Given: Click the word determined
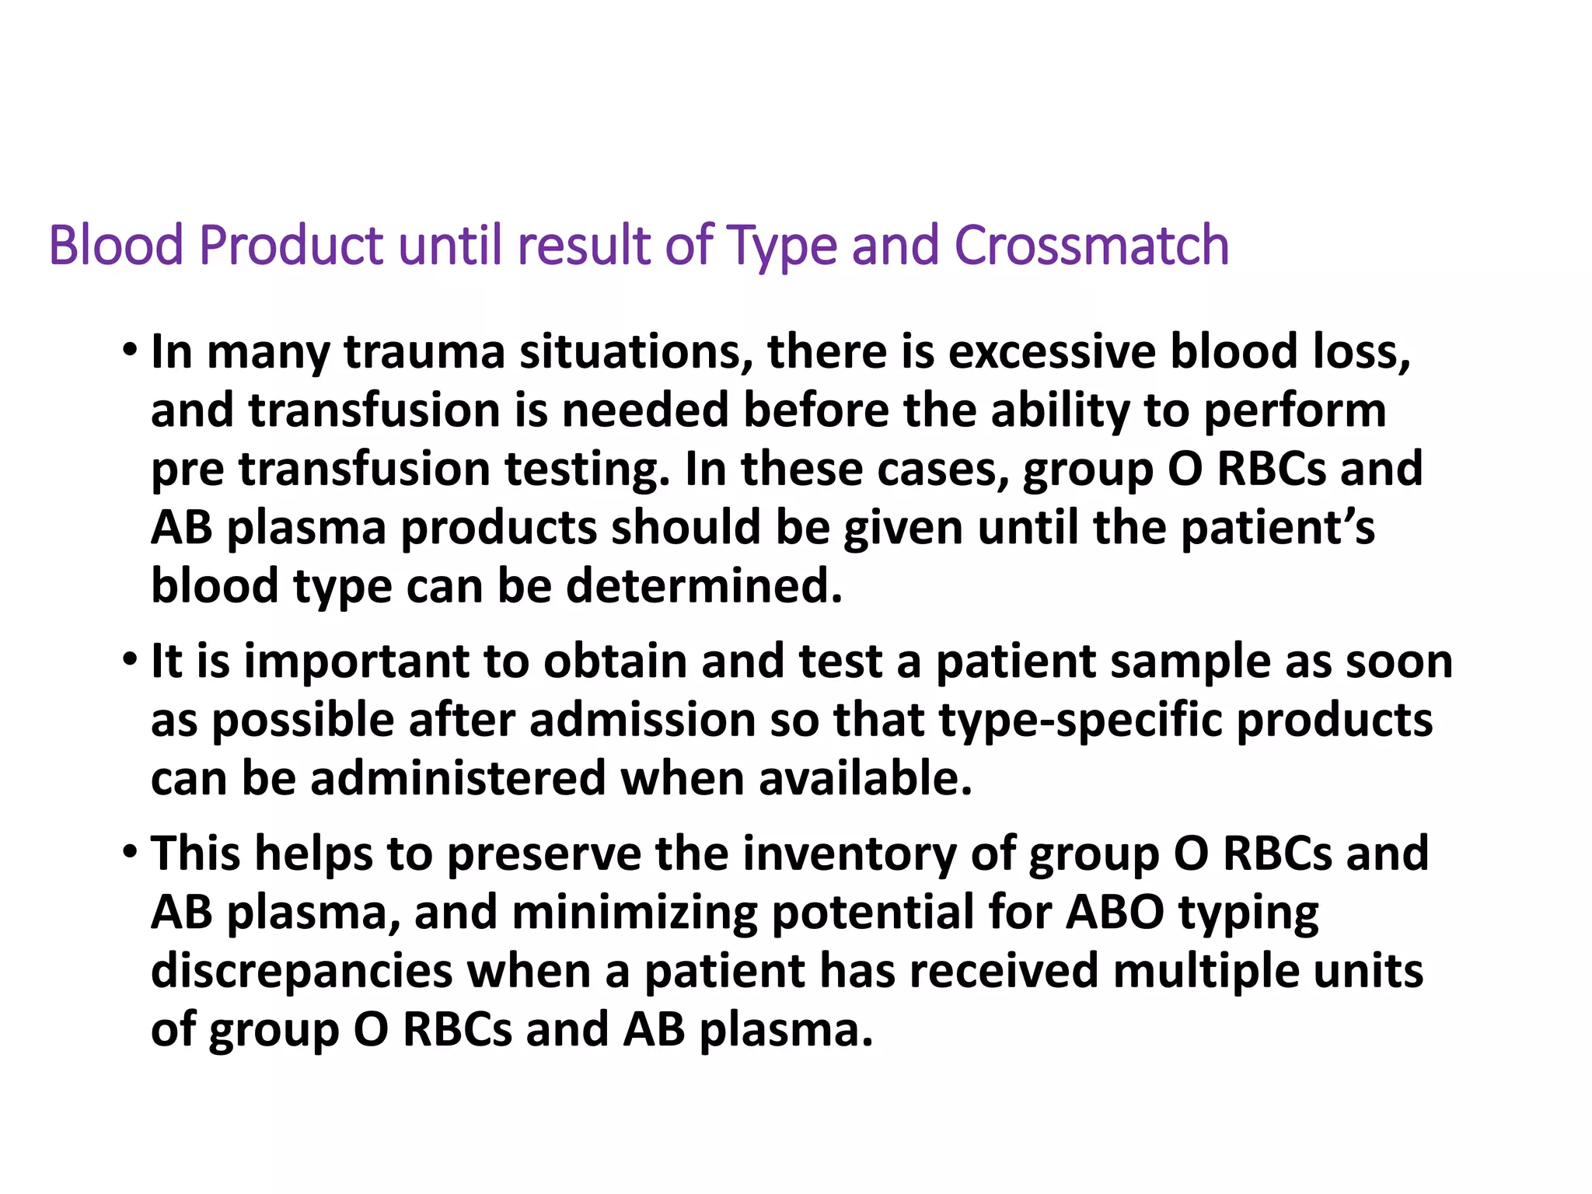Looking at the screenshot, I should click(704, 586).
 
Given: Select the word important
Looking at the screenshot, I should click(356, 663).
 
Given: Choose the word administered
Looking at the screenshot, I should click(458, 779).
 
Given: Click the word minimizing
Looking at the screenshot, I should click(634, 913).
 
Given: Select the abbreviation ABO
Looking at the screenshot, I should click(1115, 913).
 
